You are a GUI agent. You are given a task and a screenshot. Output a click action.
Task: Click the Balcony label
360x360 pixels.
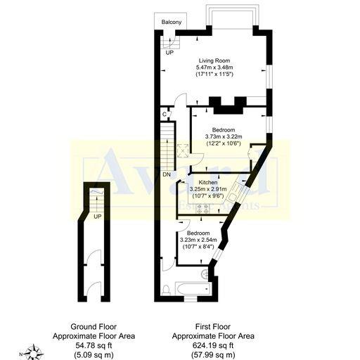(x=172, y=22)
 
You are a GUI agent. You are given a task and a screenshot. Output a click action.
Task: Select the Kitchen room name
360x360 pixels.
(x=208, y=183)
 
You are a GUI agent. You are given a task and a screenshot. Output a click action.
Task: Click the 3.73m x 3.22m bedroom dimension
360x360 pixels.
(x=223, y=136)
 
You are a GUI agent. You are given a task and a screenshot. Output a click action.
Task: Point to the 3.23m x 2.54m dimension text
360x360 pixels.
(x=198, y=239)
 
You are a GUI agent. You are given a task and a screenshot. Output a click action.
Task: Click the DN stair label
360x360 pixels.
(x=166, y=174)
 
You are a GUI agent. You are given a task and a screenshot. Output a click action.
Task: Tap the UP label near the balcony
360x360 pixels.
(x=169, y=53)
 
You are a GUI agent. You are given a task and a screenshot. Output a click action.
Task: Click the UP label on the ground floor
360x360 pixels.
(x=96, y=216)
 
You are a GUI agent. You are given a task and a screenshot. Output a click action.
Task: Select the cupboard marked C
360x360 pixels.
(x=165, y=114)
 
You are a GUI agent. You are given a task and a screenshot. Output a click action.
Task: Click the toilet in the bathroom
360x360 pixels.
(x=166, y=290)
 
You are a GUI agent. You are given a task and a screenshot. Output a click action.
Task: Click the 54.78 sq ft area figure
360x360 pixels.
(x=103, y=345)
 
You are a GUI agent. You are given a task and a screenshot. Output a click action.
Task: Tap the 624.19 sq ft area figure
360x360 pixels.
(x=214, y=345)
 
